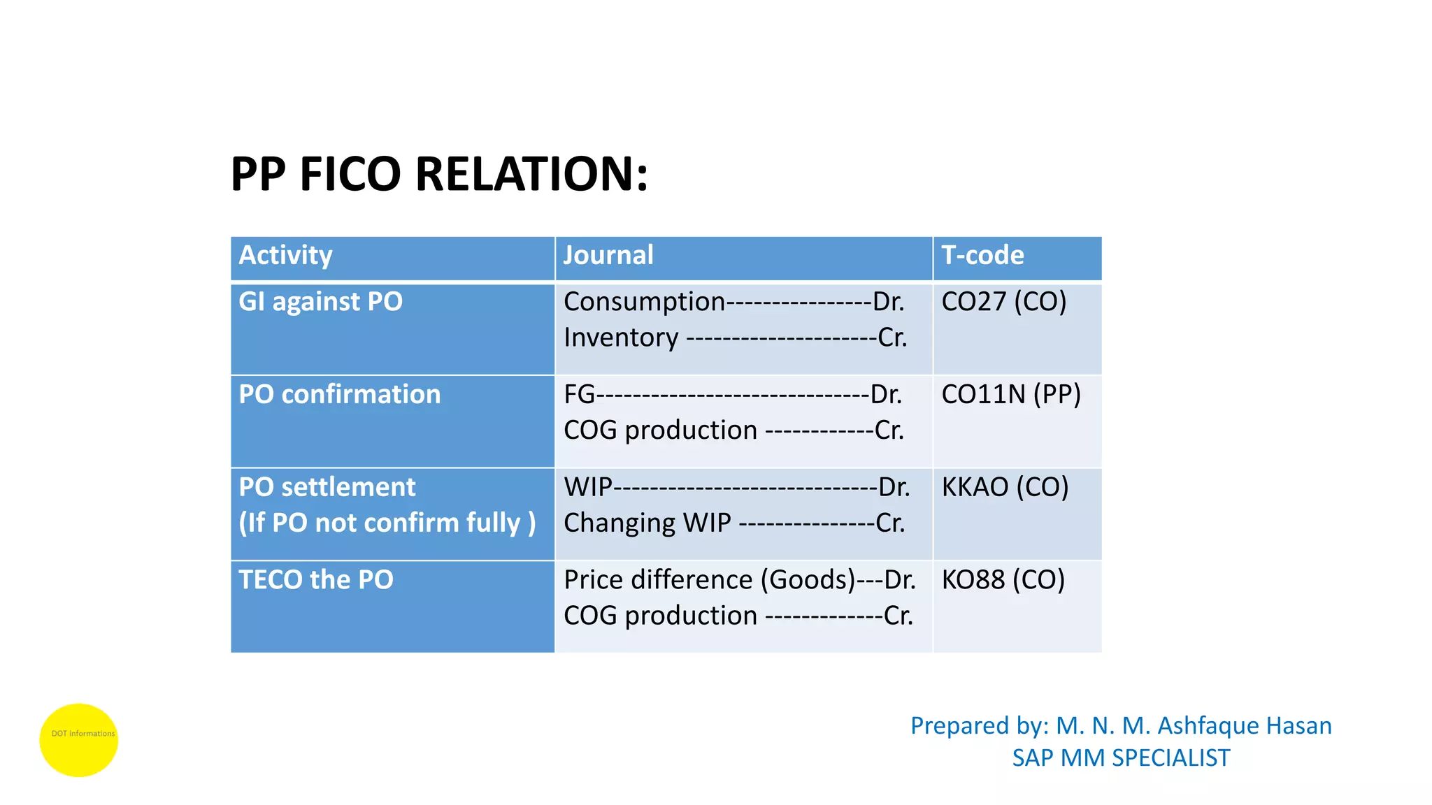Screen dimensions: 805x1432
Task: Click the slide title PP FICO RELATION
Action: coord(439,174)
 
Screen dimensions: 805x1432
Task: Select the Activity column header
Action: coord(285,255)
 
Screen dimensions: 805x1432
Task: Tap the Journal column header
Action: coord(608,255)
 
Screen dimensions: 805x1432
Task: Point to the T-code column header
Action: coord(982,255)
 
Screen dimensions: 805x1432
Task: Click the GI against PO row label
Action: coord(320,302)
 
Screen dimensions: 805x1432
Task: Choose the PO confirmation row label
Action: coord(340,395)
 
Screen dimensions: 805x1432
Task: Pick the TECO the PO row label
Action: coord(316,580)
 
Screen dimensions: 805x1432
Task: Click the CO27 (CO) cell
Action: coord(1003,302)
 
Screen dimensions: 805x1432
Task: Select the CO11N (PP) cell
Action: coord(1010,395)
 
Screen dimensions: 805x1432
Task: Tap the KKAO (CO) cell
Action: coord(1005,487)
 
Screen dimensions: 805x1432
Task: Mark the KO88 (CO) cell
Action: coord(1003,580)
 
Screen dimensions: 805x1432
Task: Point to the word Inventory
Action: coord(621,338)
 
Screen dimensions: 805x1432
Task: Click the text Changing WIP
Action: coord(647,523)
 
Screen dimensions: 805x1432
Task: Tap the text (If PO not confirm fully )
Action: coord(387,523)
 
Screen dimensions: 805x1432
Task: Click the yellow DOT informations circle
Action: coord(79,740)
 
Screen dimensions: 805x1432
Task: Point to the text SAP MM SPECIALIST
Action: coord(1121,758)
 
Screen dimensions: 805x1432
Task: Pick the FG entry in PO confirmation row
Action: coord(579,395)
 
